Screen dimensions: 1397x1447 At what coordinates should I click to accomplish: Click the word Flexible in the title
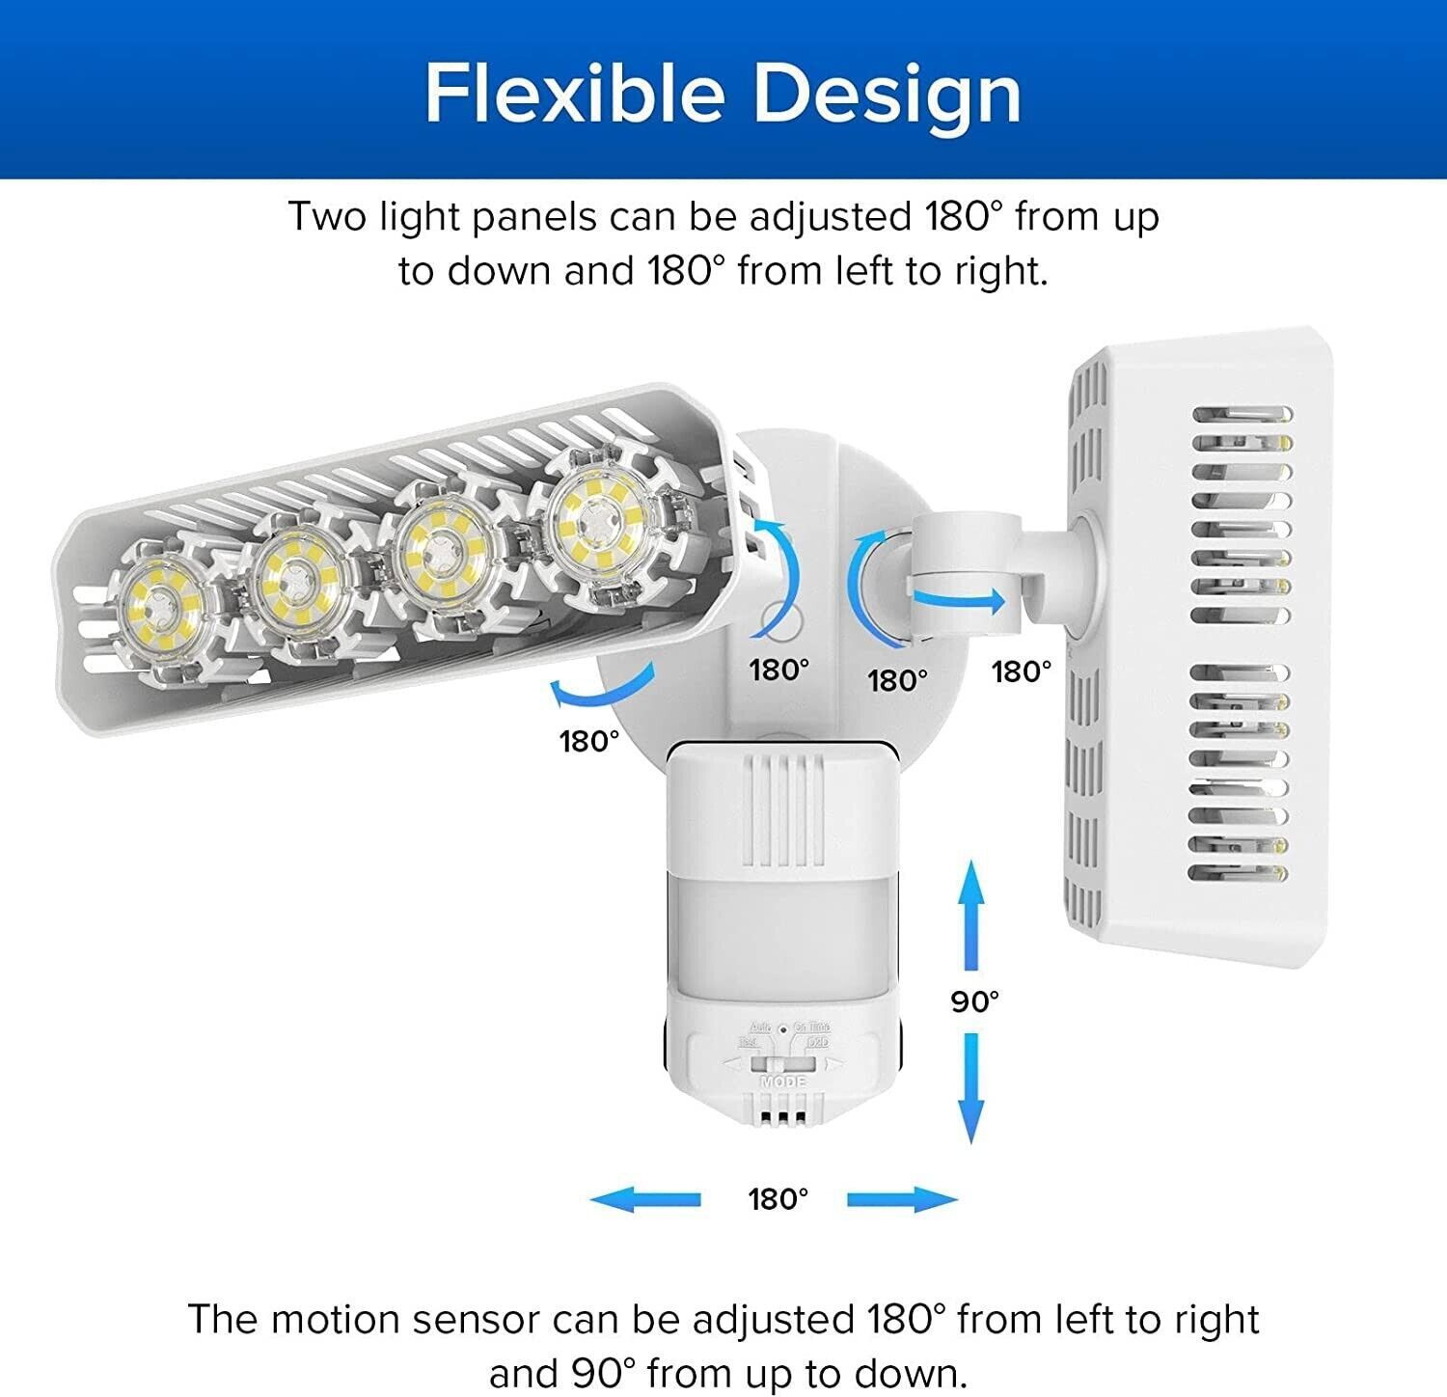(574, 94)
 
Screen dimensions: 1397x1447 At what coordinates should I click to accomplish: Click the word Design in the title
(887, 94)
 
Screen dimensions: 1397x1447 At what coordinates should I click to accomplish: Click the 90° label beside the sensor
(974, 1001)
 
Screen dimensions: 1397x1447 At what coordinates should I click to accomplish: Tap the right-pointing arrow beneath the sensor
(902, 1199)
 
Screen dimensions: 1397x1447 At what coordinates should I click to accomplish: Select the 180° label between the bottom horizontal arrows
(778, 1199)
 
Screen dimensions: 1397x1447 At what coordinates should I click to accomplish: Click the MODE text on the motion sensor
(783, 1082)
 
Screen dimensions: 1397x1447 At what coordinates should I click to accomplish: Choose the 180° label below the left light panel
(589, 741)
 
